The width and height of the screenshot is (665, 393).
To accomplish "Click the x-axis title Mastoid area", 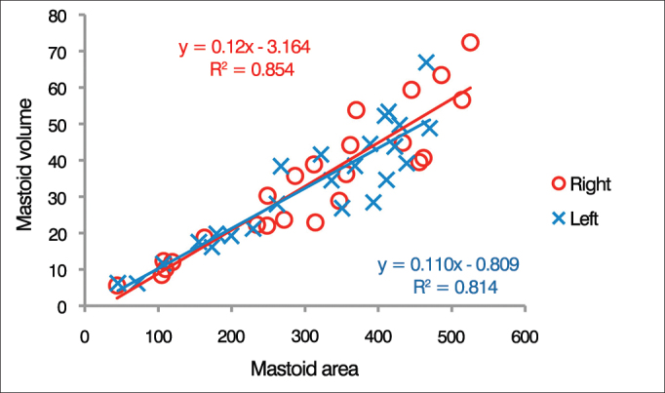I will pyautogui.click(x=305, y=369).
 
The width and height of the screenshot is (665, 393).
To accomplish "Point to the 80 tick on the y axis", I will pyautogui.click(x=63, y=16).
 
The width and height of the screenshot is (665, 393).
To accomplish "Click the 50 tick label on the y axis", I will pyautogui.click(x=63, y=125).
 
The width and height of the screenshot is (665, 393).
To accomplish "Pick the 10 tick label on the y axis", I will pyautogui.click(x=63, y=270).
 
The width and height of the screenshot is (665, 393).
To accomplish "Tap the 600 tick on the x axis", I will pyautogui.click(x=526, y=337).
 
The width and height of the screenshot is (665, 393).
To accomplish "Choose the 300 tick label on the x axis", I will pyautogui.click(x=305, y=337).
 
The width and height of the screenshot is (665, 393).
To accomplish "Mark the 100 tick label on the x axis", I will pyautogui.click(x=159, y=337).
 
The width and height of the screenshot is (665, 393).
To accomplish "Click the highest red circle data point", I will pyautogui.click(x=470, y=43).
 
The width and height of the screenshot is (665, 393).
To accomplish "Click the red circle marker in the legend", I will pyautogui.click(x=558, y=182).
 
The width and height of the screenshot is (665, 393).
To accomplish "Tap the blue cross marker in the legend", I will pyautogui.click(x=558, y=219).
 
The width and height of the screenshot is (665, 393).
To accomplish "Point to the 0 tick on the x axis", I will pyautogui.click(x=86, y=337).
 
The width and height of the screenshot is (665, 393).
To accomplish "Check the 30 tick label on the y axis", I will pyautogui.click(x=63, y=198).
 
